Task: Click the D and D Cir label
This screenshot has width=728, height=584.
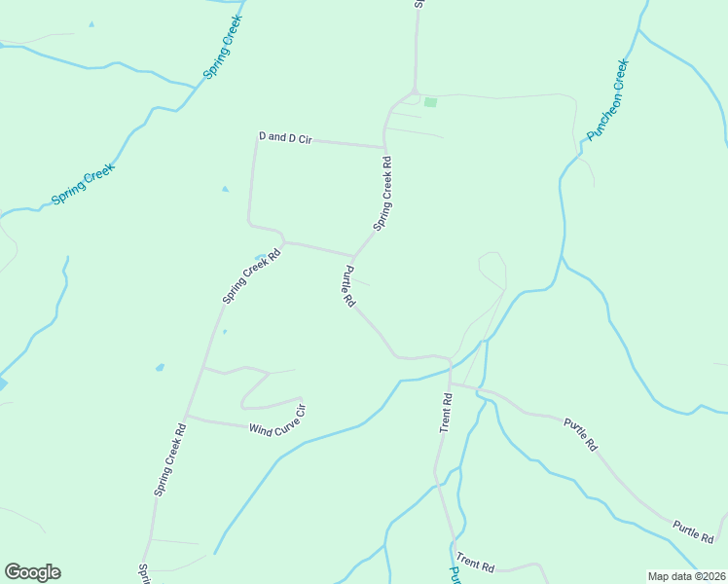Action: tap(284, 138)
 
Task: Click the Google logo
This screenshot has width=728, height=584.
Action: tap(32, 572)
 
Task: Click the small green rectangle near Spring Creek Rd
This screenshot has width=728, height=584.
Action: tap(430, 102)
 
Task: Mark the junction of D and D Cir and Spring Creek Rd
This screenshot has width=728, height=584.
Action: tap(385, 147)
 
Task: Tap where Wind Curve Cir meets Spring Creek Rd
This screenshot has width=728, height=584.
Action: tap(186, 417)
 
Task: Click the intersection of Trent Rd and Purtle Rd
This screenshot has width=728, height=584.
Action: tap(451, 383)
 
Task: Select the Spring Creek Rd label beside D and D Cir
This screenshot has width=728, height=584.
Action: tap(385, 194)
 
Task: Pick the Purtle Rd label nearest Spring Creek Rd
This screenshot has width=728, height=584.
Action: tap(346, 287)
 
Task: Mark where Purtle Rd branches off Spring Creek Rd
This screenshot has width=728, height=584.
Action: tap(352, 258)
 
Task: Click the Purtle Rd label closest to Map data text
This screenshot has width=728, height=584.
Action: tap(693, 531)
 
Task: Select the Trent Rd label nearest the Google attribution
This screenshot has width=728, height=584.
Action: tap(476, 566)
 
